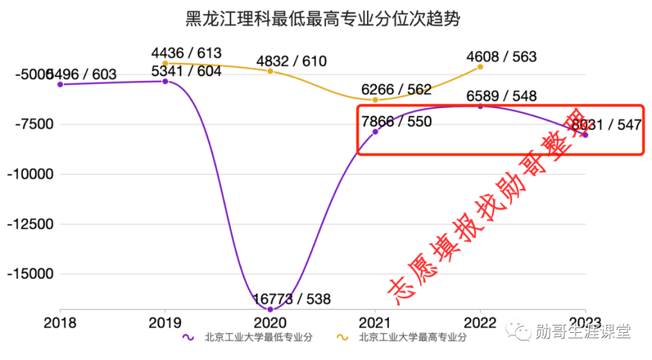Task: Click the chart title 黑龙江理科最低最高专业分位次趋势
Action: (323, 19)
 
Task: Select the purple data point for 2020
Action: (270, 309)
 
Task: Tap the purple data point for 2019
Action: (165, 81)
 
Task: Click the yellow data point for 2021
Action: (375, 100)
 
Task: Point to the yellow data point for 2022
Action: (480, 66)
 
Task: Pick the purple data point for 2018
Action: (60, 85)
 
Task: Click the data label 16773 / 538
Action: (292, 299)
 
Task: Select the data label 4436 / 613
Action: (187, 53)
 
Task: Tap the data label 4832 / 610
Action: (292, 61)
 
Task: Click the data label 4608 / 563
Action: (502, 57)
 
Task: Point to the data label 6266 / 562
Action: (397, 90)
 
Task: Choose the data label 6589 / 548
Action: (502, 96)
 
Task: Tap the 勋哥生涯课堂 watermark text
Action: (583, 331)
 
